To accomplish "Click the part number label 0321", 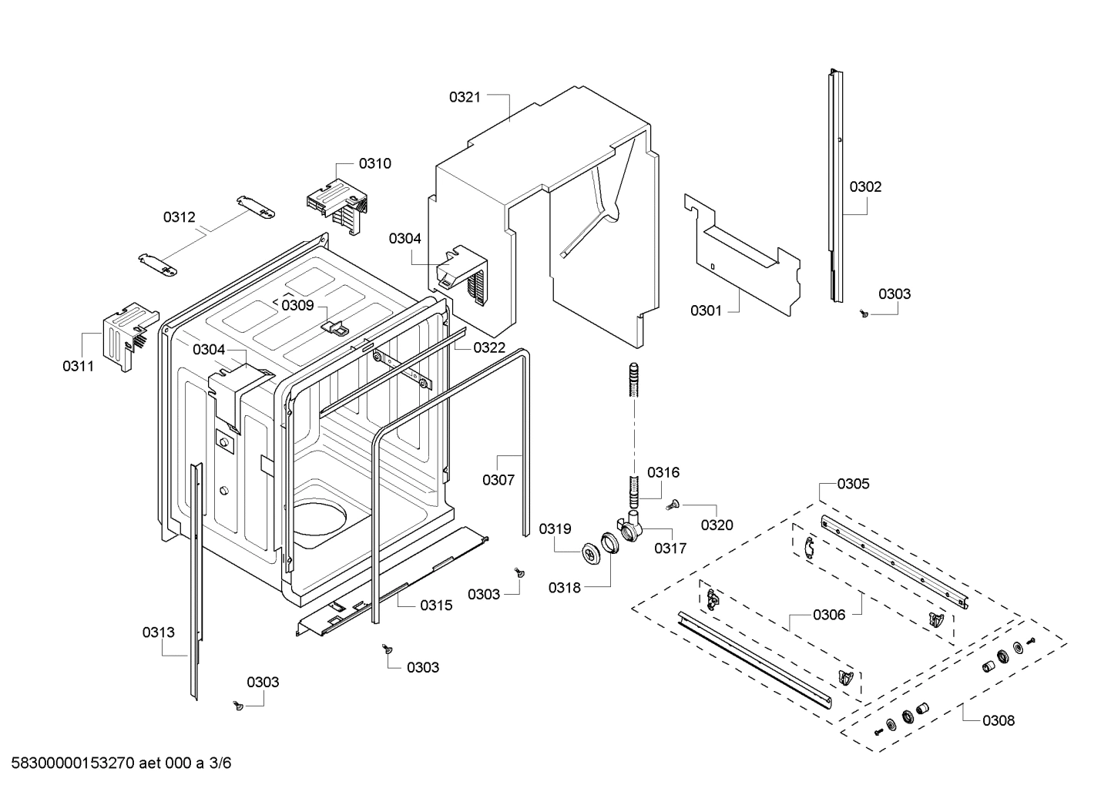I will click(465, 97).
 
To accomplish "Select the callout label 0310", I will click(374, 163).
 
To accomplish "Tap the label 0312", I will click(179, 217).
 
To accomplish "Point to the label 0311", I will click(78, 366).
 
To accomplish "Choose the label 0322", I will click(489, 347).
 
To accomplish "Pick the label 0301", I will click(706, 310).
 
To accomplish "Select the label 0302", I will click(865, 186).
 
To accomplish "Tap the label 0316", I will click(663, 472).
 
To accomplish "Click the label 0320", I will click(717, 525).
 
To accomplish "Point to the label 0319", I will click(555, 528).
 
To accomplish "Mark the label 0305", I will click(853, 484).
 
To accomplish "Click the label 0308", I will click(998, 721).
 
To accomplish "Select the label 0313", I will click(158, 632).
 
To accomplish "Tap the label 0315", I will click(436, 606).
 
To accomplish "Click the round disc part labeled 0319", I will click(590, 552).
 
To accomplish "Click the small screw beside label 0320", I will click(671, 505).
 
